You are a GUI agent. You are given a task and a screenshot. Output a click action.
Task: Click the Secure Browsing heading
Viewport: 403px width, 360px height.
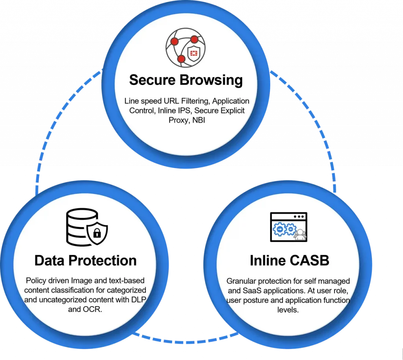click(x=186, y=80)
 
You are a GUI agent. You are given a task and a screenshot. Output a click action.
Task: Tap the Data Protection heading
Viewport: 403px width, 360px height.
click(x=85, y=260)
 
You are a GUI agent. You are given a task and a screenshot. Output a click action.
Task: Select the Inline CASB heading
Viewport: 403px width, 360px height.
click(x=289, y=260)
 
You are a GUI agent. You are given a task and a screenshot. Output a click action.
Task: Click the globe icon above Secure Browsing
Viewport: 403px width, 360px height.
click(x=186, y=48)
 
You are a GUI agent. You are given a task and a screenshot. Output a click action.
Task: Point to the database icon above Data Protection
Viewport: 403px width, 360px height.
click(x=87, y=227)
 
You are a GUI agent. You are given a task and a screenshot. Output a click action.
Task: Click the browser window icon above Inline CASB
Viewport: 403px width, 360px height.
click(x=288, y=227)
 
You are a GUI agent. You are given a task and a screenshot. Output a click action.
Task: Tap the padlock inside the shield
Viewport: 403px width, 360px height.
click(x=97, y=234)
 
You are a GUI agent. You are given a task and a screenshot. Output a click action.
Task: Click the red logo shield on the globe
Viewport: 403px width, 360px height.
click(x=194, y=54)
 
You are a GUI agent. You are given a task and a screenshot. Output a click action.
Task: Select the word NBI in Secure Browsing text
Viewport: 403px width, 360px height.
click(x=199, y=120)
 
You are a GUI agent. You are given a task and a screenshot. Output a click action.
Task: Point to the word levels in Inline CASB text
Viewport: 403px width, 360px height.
click(x=288, y=310)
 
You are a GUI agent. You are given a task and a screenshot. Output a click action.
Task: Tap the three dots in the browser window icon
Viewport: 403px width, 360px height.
click(x=299, y=217)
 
